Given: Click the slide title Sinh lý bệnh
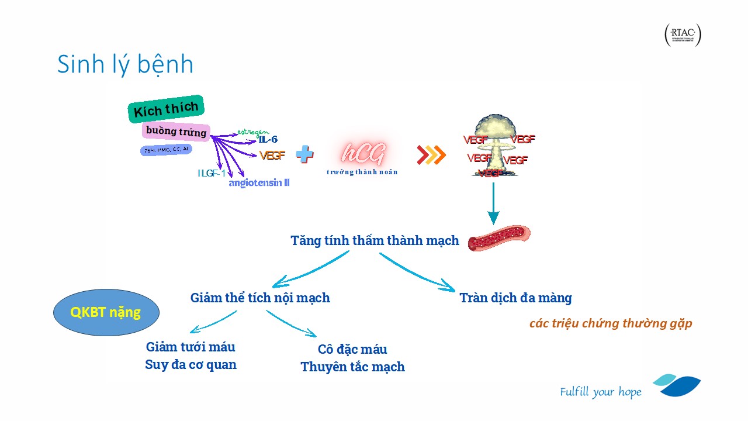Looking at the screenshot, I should click(125, 64).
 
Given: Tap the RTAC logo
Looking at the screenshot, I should click(683, 36).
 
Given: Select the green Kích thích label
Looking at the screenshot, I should click(166, 109).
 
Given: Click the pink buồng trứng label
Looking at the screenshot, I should click(176, 132).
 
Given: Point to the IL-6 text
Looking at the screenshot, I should click(268, 140).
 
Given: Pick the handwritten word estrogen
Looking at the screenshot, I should click(253, 132).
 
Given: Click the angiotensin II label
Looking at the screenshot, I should click(259, 183).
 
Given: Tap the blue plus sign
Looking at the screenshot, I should click(304, 154).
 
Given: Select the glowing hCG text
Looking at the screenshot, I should click(362, 154).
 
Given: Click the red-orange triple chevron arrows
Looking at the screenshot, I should click(431, 154).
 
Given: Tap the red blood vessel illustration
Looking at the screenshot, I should click(499, 238).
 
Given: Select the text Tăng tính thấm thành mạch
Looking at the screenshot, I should click(375, 240).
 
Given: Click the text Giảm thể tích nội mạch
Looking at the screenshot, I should click(260, 298).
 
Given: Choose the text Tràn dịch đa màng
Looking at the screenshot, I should click(515, 298).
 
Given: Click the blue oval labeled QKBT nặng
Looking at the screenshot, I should click(106, 312).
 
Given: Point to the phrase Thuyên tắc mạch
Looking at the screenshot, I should click(352, 367).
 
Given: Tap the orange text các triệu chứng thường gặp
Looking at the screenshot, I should click(611, 323).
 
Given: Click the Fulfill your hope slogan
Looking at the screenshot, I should click(600, 392).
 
